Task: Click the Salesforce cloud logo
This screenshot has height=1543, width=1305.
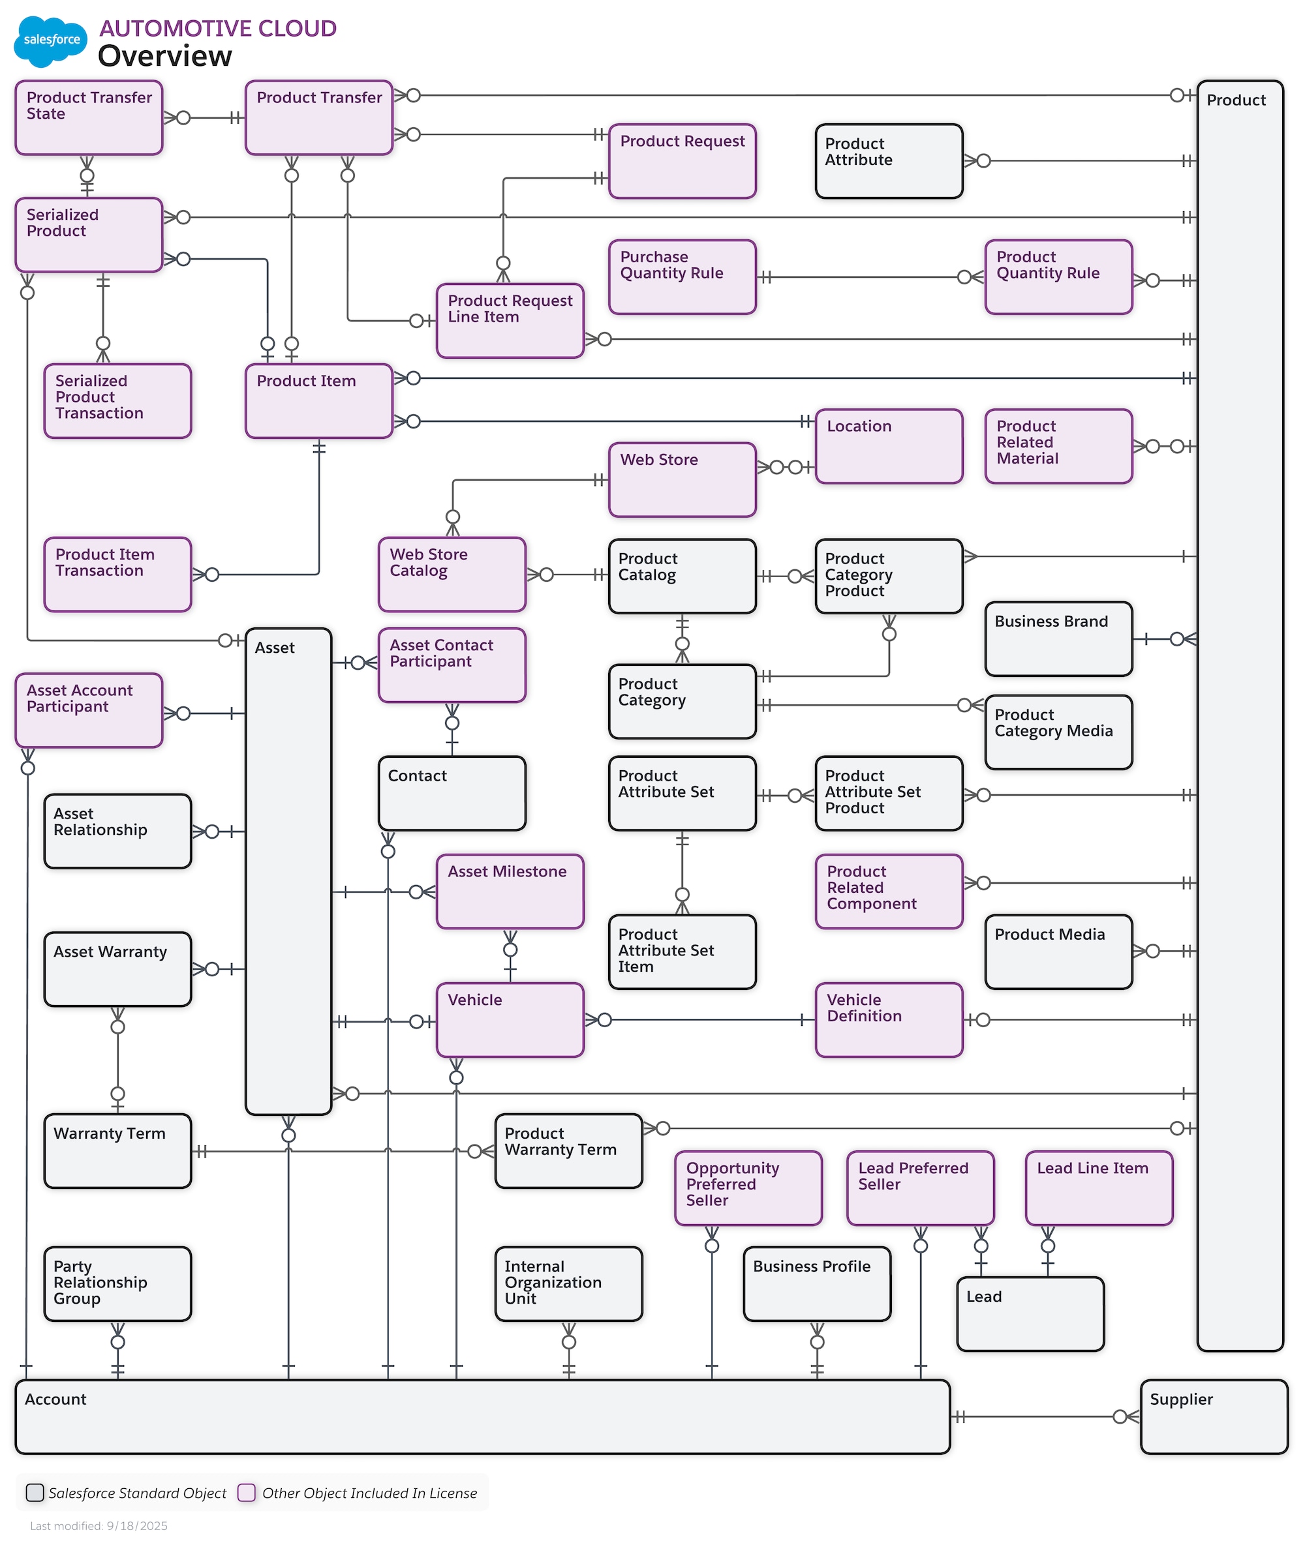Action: pyautogui.click(x=50, y=40)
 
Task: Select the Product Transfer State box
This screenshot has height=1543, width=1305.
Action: pyautogui.click(x=89, y=118)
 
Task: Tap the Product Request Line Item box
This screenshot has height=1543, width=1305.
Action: pyautogui.click(x=510, y=322)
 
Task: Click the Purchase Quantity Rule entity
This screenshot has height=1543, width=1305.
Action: pyautogui.click(x=682, y=277)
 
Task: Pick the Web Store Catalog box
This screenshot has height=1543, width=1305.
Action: pyautogui.click(x=452, y=575)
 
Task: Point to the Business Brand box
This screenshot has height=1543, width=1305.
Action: pyautogui.click(x=1058, y=639)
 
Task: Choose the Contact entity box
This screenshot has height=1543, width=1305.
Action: pyautogui.click(x=452, y=793)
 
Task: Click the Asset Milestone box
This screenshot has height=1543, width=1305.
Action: pyautogui.click(x=510, y=891)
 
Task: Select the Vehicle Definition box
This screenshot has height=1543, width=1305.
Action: pyautogui.click(x=889, y=1019)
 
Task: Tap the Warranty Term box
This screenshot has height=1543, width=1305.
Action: pyautogui.click(x=117, y=1151)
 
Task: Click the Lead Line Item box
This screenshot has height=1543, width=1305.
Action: pyautogui.click(x=1099, y=1188)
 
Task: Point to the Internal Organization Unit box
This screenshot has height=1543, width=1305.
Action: pyautogui.click(x=568, y=1284)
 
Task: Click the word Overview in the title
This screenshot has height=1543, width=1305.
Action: pyautogui.click(x=165, y=56)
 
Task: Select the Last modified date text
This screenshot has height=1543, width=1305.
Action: pyautogui.click(x=99, y=1526)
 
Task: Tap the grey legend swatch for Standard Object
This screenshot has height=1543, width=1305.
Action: pyautogui.click(x=35, y=1493)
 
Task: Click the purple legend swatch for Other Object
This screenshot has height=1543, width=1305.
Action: pyautogui.click(x=247, y=1493)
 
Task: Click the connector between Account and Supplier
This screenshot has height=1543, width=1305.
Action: pyautogui.click(x=1043, y=1416)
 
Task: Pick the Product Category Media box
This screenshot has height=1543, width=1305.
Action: pyautogui.click(x=1058, y=732)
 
